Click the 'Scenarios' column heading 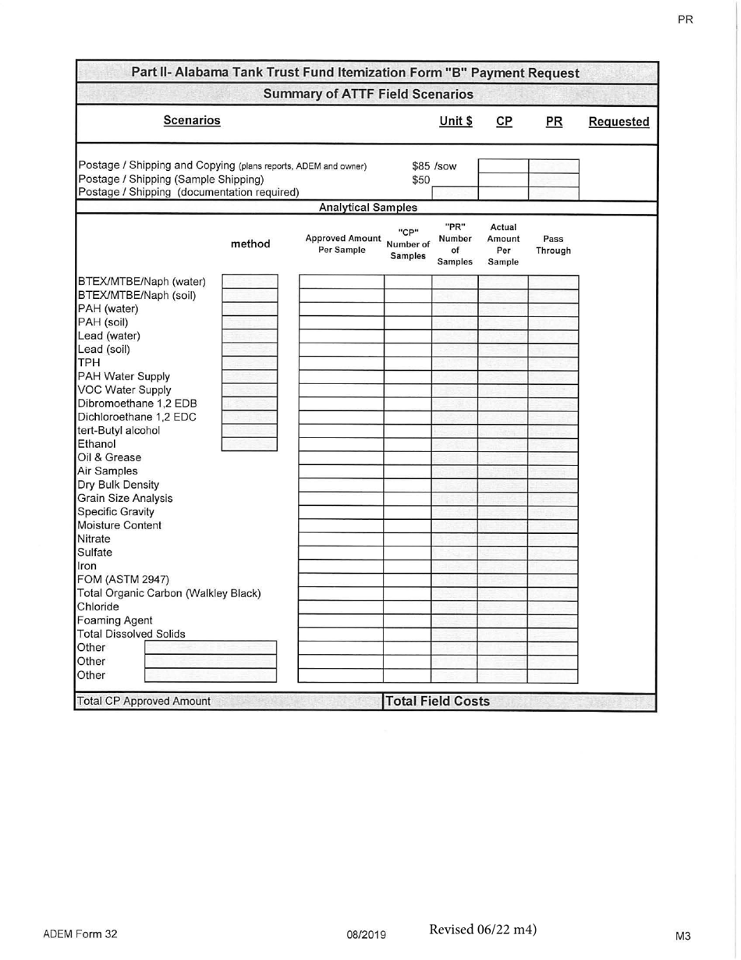191,121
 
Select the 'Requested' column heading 619,122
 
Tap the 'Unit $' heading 456,122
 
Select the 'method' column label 251,244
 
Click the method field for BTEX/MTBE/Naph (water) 250,282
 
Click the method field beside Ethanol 250,444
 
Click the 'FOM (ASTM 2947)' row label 123,579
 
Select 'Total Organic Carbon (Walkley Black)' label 168,592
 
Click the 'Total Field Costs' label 438,701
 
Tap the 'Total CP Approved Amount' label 144,701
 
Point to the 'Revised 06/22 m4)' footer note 482,929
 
